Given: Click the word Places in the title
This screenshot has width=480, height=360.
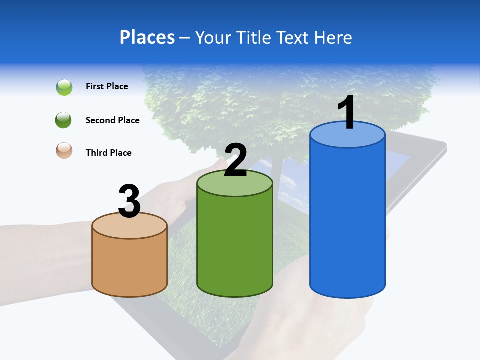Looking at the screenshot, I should pyautogui.click(x=147, y=37).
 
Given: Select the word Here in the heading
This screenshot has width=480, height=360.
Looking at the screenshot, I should pyautogui.click(x=334, y=37).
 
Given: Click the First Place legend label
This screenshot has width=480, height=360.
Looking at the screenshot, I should pyautogui.click(x=107, y=86).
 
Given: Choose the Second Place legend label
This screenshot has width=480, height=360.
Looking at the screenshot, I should pyautogui.click(x=112, y=120).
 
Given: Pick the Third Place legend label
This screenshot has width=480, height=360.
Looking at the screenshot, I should pyautogui.click(x=108, y=153).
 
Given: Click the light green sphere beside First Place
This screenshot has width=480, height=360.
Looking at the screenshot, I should pyautogui.click(x=64, y=87).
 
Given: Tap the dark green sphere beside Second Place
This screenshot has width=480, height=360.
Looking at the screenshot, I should pyautogui.click(x=64, y=120).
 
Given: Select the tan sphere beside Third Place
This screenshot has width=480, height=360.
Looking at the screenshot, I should pyautogui.click(x=64, y=151).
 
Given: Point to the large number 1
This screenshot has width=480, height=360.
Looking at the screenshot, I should pyautogui.click(x=347, y=113).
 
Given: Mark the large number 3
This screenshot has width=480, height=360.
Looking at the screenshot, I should pyautogui.click(x=129, y=201).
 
